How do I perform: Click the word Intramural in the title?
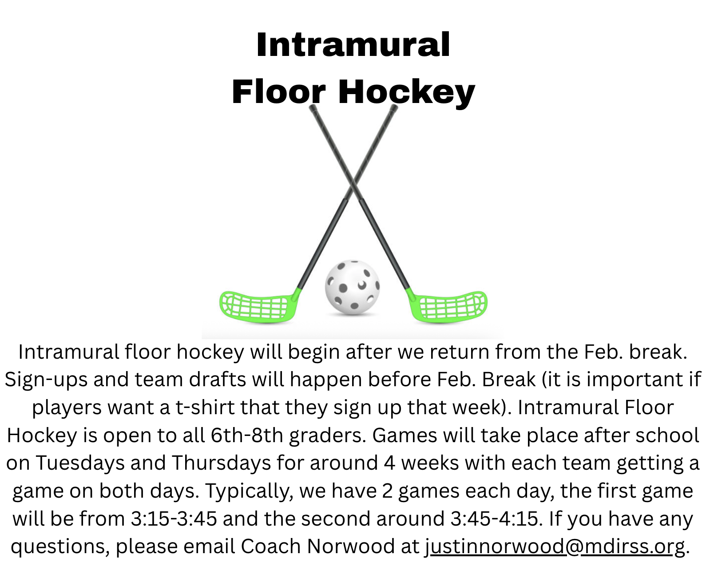(353, 45)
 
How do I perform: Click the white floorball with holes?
(352, 287)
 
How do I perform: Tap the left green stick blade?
(259, 306)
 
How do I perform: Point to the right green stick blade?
(448, 306)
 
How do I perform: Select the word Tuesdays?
(80, 463)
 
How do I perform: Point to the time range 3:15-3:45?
(174, 519)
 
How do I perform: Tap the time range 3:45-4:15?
(494, 519)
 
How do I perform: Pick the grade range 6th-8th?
(247, 435)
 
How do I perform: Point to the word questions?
(60, 547)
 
